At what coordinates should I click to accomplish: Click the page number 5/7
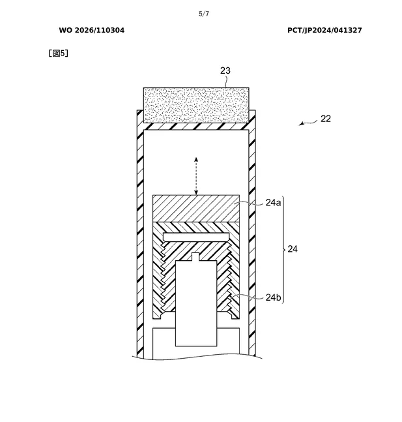click(203, 14)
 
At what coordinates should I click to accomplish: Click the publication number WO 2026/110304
click(92, 30)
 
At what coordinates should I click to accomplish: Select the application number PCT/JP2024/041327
click(324, 30)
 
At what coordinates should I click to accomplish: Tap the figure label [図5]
click(58, 53)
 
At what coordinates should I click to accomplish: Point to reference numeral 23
click(225, 70)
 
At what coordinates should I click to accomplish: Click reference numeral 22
click(326, 119)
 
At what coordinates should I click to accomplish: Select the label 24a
click(273, 202)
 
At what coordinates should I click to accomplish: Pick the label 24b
click(274, 297)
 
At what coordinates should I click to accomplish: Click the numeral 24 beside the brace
click(293, 249)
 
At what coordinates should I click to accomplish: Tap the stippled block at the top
click(196, 105)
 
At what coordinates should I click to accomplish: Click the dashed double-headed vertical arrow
click(196, 176)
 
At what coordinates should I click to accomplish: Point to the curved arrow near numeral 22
click(308, 123)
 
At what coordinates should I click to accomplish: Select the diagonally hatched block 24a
click(196, 209)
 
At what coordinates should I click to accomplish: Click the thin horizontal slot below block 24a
click(196, 237)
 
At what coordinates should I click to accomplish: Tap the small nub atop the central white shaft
click(195, 257)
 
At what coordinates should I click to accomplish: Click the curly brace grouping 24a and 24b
click(283, 250)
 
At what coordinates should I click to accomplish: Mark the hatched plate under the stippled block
click(196, 127)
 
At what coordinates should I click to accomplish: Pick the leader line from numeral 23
click(227, 82)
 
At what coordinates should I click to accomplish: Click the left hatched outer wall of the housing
click(140, 234)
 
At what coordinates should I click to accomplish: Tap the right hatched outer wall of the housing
click(252, 234)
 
